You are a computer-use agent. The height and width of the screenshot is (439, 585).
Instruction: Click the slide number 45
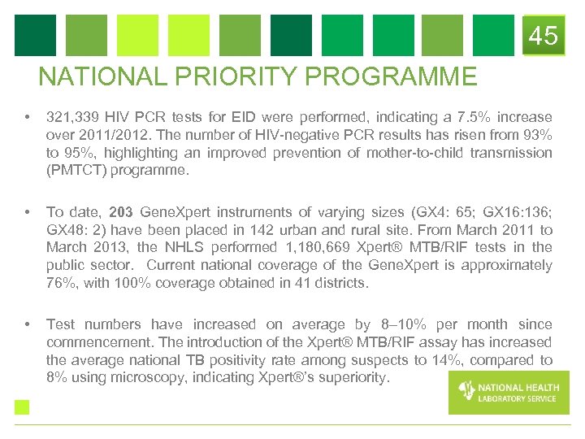point(544,36)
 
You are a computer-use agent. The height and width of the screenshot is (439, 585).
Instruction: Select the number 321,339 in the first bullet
point(73,117)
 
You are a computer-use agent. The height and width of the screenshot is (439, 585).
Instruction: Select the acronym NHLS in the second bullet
point(182,247)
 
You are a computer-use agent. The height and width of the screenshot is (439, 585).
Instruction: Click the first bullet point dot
point(28,118)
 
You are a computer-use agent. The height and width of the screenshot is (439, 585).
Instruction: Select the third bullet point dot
point(28,325)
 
